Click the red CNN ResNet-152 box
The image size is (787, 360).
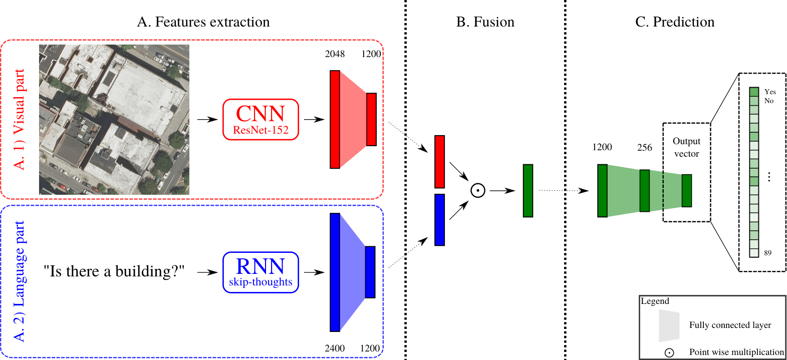point(260,119)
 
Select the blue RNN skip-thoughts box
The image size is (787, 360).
point(260,272)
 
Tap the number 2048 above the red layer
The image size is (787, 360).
point(335,54)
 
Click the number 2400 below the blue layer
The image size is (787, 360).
point(335,348)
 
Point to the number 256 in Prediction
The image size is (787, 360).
point(644,148)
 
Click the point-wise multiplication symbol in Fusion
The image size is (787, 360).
point(478,190)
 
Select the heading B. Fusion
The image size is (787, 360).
point(485,22)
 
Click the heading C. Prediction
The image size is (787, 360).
point(675,22)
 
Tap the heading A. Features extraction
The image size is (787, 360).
point(203,22)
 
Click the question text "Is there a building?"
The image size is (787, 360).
point(114,271)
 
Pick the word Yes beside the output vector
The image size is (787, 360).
point(770,92)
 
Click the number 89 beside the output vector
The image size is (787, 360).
point(767,253)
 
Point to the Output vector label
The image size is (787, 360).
point(686,148)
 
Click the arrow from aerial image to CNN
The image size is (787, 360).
point(207,119)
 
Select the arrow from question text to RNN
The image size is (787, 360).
point(207,272)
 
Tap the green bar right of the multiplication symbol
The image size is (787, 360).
point(528,191)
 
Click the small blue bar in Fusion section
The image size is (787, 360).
point(439,220)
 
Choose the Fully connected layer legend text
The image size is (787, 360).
point(730,325)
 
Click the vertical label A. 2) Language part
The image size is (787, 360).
point(19,281)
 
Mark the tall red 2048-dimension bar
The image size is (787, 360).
point(335,119)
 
